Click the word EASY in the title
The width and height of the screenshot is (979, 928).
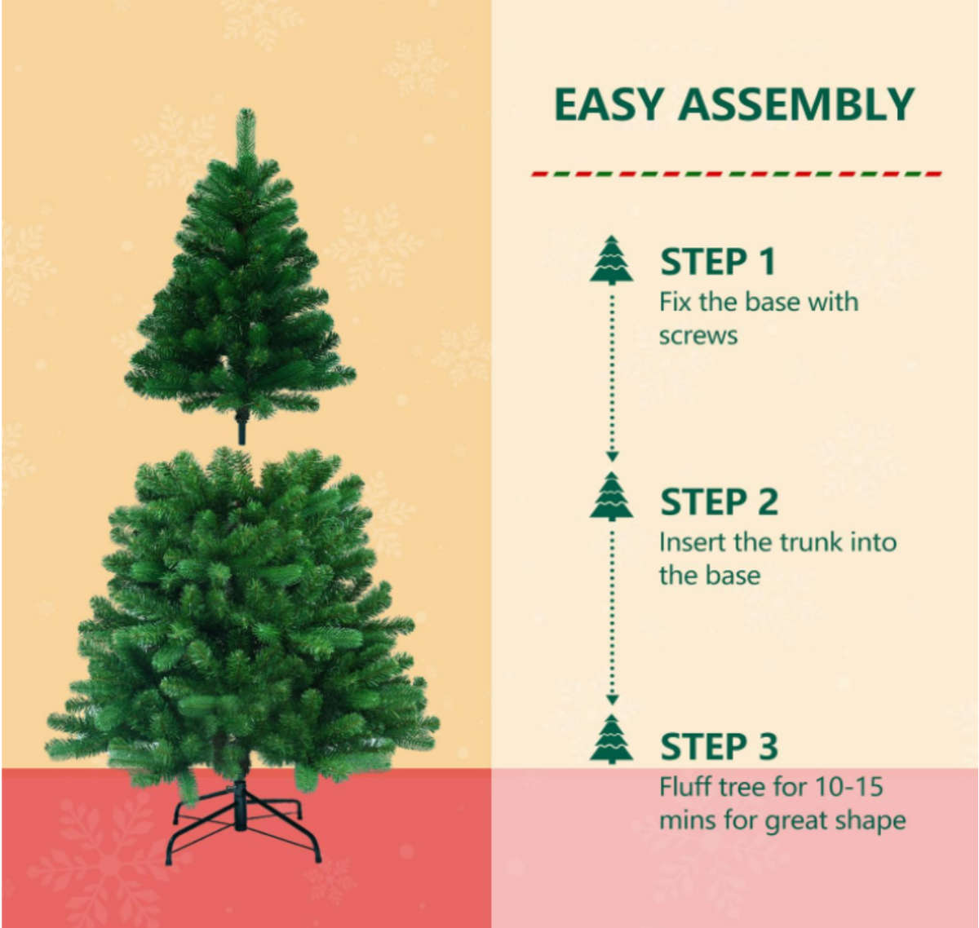(x=608, y=105)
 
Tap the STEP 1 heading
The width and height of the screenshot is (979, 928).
(x=717, y=262)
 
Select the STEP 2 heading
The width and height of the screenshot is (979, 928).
(x=719, y=502)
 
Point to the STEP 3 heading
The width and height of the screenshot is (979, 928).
(x=719, y=746)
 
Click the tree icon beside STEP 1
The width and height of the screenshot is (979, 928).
(x=612, y=261)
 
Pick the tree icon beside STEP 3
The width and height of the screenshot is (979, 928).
(x=612, y=740)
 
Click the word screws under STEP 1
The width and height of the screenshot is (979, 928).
(x=698, y=336)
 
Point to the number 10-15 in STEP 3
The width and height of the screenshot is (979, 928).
(x=848, y=787)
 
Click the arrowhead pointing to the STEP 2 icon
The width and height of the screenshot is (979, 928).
(x=613, y=457)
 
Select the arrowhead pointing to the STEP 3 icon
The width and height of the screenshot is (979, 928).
(x=613, y=700)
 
